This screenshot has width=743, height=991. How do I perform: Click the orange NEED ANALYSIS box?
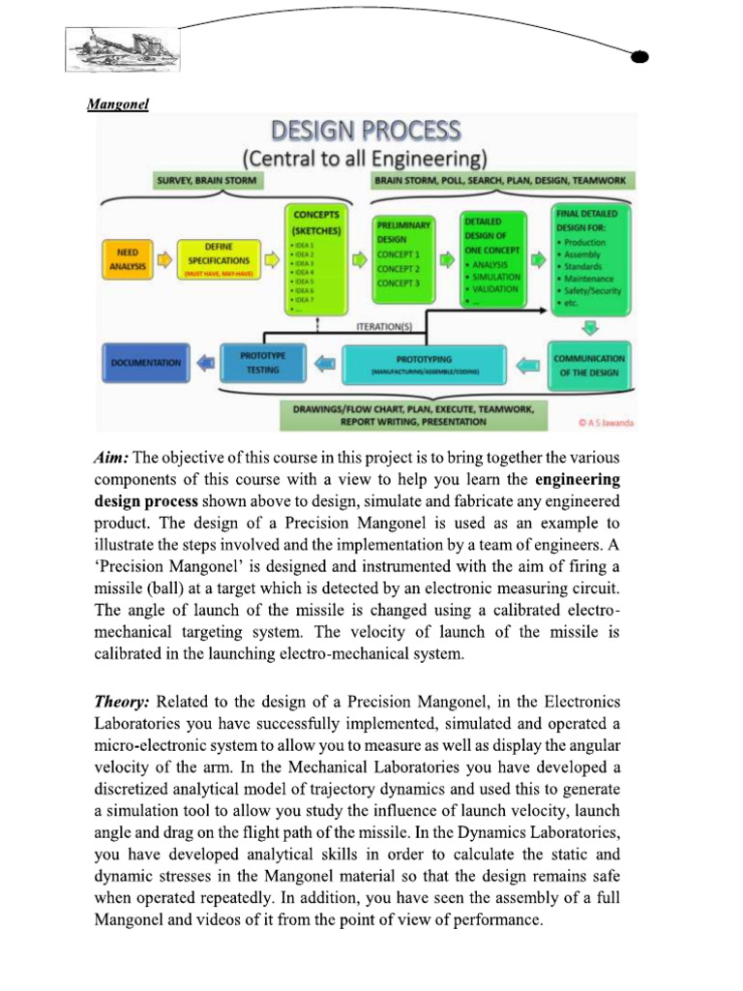click(x=126, y=259)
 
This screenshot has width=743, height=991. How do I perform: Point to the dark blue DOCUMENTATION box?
click(x=145, y=362)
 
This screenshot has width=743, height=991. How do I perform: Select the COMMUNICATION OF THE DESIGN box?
click(x=588, y=364)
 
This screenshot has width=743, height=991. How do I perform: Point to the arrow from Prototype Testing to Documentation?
click(x=204, y=363)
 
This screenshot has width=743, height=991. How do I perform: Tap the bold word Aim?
click(x=111, y=457)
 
